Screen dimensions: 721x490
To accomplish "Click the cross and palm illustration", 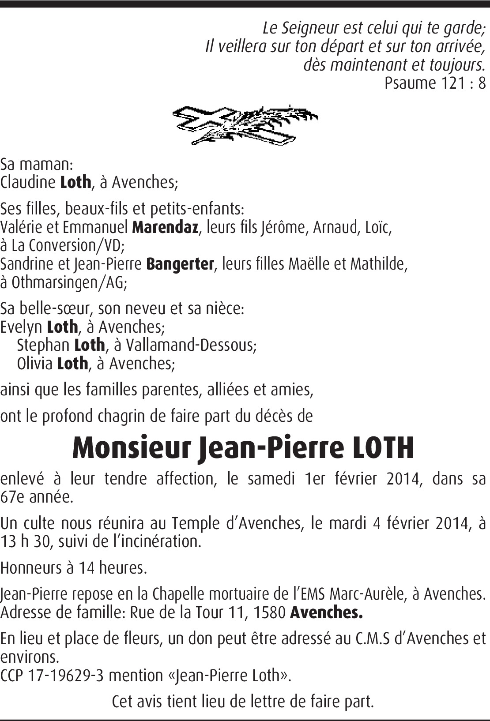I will click(x=245, y=125).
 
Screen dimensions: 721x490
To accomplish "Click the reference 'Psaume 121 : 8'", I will click(x=435, y=83).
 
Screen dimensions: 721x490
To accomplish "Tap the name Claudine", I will click(x=28, y=182).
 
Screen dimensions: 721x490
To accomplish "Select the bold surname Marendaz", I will click(x=165, y=227).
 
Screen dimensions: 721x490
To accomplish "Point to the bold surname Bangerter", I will click(x=180, y=264).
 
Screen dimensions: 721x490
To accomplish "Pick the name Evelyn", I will click(x=21, y=327).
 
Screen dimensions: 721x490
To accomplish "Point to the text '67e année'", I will click(x=36, y=497).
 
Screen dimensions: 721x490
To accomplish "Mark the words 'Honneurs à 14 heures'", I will click(x=73, y=568).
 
